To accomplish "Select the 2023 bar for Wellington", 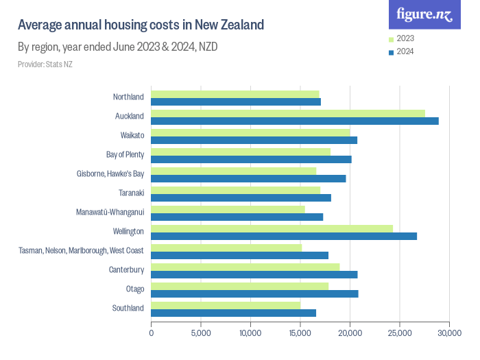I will [272, 228].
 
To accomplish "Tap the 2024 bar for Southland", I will [234, 313].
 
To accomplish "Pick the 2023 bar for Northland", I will [235, 94].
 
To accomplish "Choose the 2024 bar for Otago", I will [254, 293].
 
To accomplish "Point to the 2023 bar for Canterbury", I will [245, 267].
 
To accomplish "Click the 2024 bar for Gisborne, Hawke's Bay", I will [248, 178].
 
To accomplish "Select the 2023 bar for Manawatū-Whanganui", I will [228, 209].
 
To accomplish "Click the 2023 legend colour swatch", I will [390, 39].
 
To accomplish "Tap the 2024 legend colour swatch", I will [390, 52].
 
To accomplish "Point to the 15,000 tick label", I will [300, 333].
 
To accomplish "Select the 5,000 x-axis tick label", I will [201, 333].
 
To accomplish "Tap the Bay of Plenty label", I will [125, 154].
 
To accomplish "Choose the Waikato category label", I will [132, 135].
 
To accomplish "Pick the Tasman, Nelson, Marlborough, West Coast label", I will [81, 250].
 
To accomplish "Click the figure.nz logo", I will [424, 14].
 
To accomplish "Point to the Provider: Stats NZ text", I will [45, 64].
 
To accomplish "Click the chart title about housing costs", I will [141, 25].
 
